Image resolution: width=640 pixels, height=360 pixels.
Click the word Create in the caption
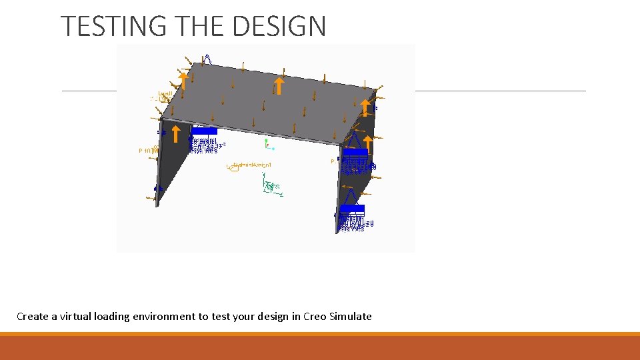[x=31, y=316]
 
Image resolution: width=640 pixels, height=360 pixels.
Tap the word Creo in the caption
[x=314, y=316]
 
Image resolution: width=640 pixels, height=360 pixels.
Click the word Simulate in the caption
[x=351, y=316]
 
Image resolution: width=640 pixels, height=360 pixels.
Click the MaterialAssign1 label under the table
[x=252, y=165]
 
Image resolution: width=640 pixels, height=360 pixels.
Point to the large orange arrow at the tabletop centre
[x=280, y=86]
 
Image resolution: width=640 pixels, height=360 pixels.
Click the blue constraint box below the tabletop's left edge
[x=204, y=131]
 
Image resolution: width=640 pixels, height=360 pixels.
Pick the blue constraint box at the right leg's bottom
[x=352, y=209]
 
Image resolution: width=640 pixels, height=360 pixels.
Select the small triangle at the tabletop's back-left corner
[x=207, y=59]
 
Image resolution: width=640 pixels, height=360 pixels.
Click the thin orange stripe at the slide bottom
[x=320, y=334]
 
